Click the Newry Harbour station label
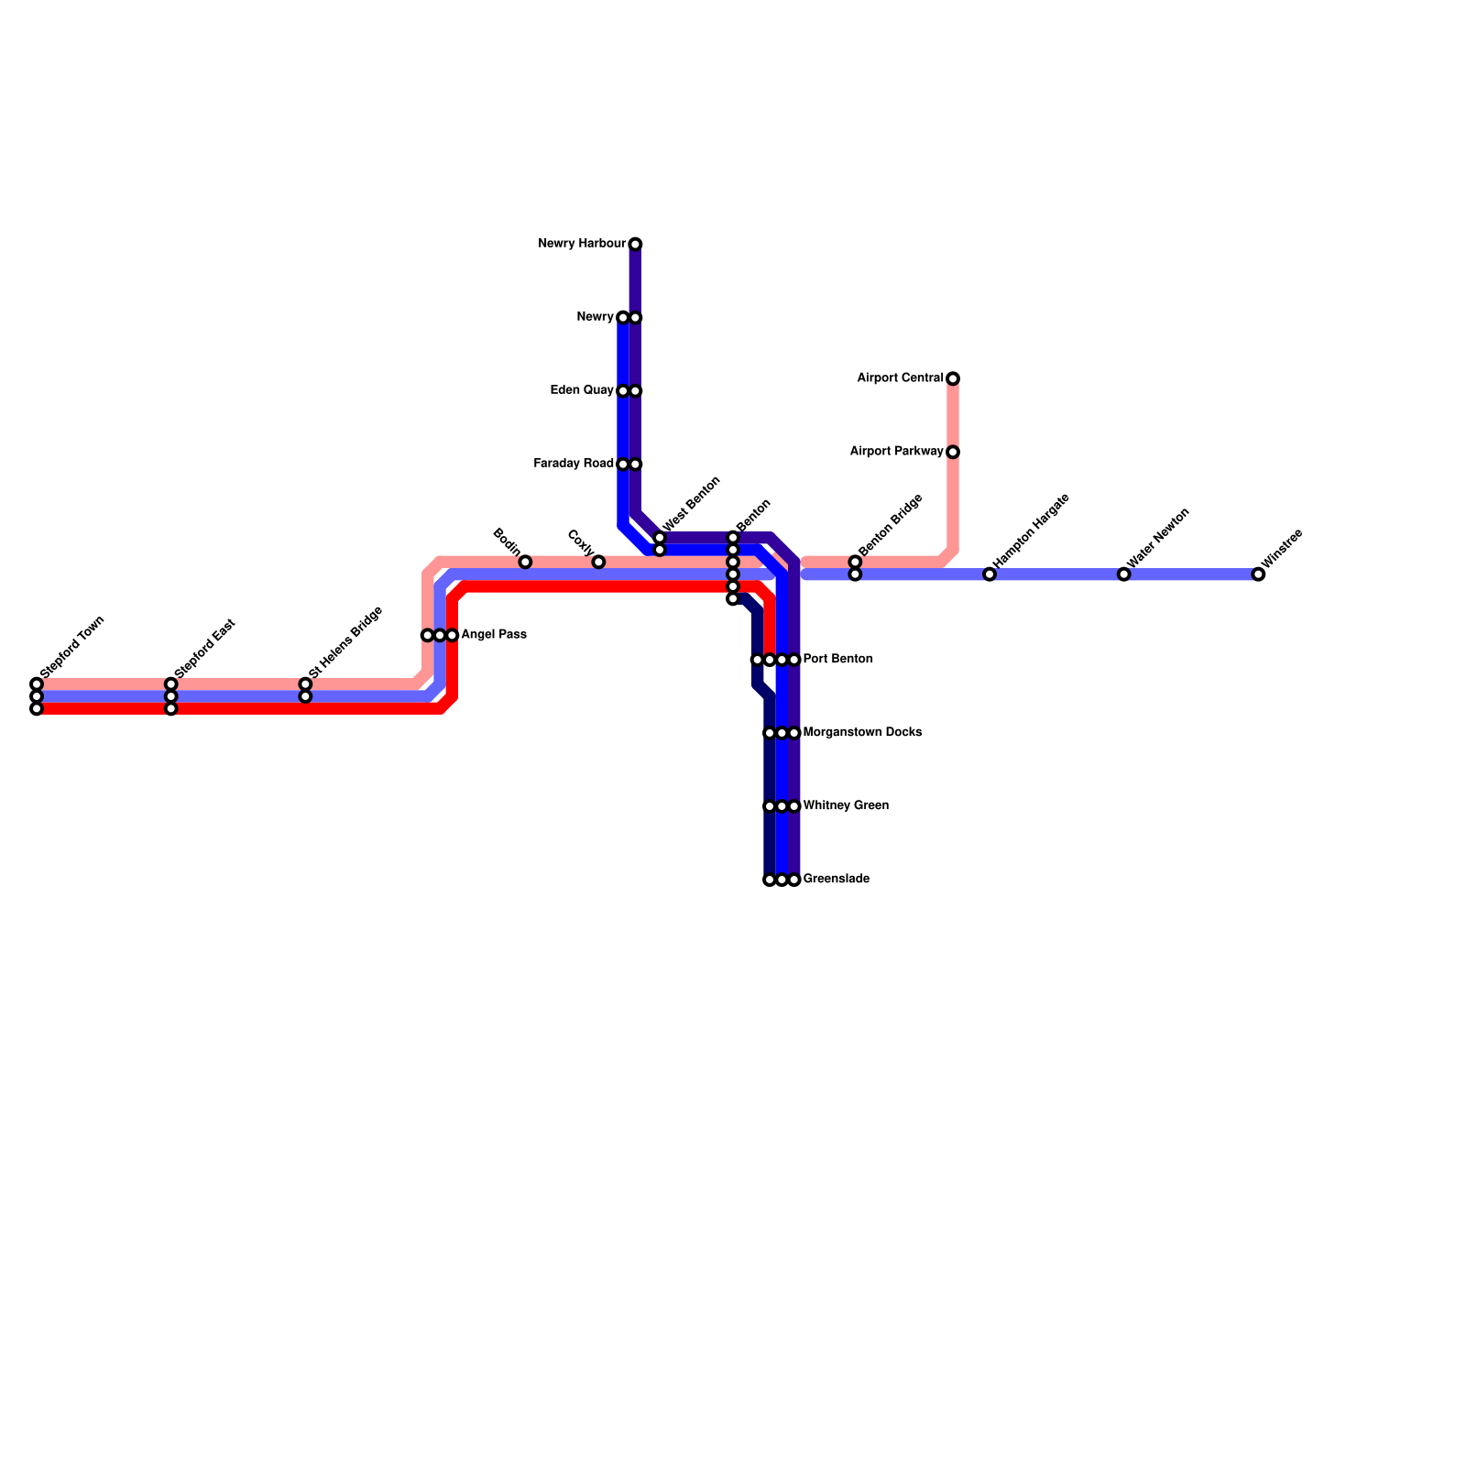click(582, 244)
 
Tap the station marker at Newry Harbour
click(635, 244)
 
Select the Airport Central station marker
click(953, 378)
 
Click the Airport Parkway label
click(896, 452)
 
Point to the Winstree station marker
click(1258, 574)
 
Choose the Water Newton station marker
click(1124, 574)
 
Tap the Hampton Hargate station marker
click(990, 574)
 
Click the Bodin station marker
click(525, 562)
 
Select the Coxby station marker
click(598, 562)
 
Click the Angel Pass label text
click(494, 635)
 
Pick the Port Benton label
click(837, 660)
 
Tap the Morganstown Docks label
click(862, 733)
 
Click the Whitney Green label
click(846, 806)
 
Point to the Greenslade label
click(836, 880)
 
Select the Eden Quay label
click(582, 390)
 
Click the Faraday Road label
click(574, 464)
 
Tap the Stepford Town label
click(73, 647)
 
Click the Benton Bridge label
click(891, 524)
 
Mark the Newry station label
click(595, 317)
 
